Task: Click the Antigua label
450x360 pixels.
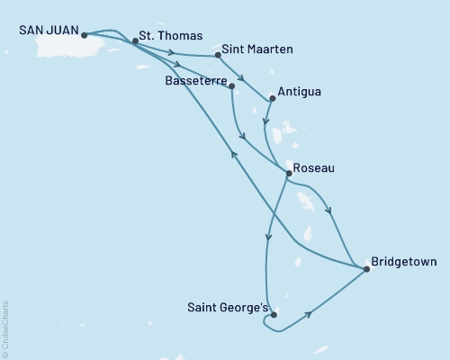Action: click(x=301, y=92)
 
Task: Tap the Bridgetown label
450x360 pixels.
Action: click(x=405, y=263)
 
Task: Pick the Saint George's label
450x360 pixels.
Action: click(x=226, y=307)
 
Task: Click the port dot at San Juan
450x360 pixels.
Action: click(x=84, y=36)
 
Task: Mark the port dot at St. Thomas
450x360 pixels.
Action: click(x=135, y=40)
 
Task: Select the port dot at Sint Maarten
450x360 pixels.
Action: click(x=219, y=56)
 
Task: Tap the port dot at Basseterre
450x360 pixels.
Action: click(x=232, y=86)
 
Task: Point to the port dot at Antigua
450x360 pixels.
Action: click(x=272, y=98)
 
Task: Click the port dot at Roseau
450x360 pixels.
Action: click(x=287, y=173)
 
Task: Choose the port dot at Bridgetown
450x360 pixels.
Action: click(x=367, y=268)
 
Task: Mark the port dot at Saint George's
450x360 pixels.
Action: click(x=273, y=315)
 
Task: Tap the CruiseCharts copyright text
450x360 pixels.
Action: click(x=5, y=328)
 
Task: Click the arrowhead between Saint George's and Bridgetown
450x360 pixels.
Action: click(x=310, y=314)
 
